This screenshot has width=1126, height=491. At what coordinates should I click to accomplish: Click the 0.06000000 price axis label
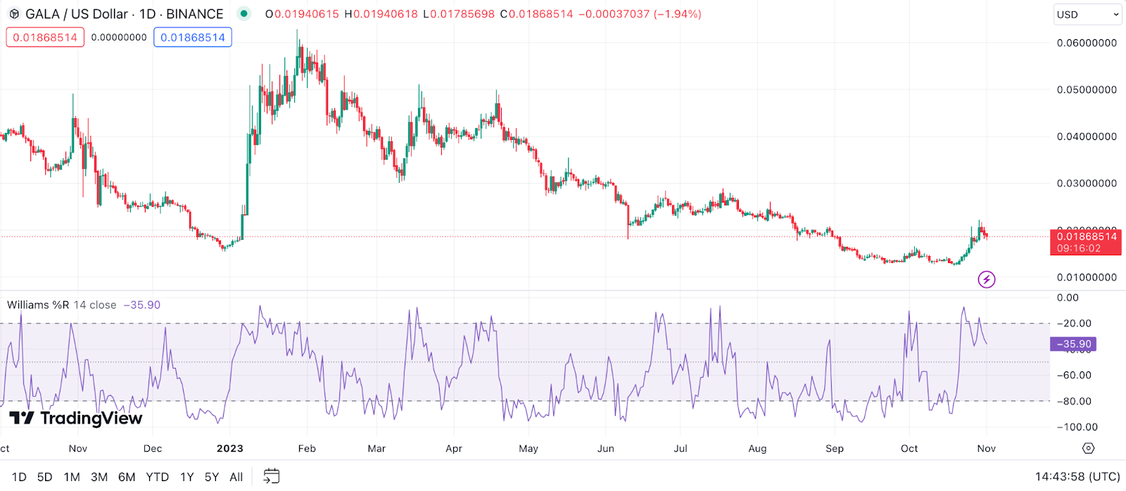point(1087,43)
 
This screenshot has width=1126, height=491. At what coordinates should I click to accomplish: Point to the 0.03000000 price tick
point(1087,184)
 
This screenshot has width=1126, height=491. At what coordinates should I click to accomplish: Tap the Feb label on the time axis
point(307,449)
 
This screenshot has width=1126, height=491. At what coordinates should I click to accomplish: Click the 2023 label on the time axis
point(230,449)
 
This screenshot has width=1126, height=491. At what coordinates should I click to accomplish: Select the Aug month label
point(757,449)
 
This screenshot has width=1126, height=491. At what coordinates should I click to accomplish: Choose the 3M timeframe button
point(99,477)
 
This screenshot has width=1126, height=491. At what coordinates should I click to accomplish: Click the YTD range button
point(157,477)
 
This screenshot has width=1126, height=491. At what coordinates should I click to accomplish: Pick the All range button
point(236,477)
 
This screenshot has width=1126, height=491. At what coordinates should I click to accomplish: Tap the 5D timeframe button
point(44,477)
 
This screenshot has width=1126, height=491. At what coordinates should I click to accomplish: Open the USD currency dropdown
point(1087,15)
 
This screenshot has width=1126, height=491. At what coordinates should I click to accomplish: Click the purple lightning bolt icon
point(987,280)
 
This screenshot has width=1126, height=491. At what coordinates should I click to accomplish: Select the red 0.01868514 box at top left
point(45,37)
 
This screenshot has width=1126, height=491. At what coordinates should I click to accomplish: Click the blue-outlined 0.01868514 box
point(193,37)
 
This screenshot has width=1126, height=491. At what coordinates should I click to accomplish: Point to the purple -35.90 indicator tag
point(1073,344)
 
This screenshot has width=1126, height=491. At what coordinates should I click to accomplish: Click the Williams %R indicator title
point(38,305)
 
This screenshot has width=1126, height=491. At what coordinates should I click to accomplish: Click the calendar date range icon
point(271,476)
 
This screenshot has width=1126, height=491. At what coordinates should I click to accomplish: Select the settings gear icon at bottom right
point(1088,449)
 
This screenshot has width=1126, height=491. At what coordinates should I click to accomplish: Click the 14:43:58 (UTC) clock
point(1077,477)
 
